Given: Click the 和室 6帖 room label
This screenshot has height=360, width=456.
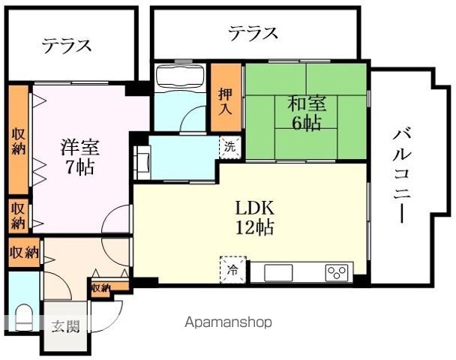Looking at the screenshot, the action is [307, 113].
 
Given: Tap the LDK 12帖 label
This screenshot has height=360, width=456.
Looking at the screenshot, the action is [255, 217].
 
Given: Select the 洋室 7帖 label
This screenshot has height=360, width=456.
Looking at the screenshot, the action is [80, 157].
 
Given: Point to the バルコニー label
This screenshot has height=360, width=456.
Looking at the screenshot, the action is [402, 176].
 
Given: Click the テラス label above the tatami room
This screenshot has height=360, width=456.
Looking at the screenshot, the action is [253, 33].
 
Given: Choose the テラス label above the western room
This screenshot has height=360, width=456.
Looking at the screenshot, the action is [66, 46].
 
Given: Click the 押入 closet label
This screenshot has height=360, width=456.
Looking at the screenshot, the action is [226, 101].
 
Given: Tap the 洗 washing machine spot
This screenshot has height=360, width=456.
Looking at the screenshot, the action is [230, 148].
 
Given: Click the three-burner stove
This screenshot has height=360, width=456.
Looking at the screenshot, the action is [337, 273].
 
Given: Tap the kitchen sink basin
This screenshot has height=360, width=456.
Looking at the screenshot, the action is [278, 273].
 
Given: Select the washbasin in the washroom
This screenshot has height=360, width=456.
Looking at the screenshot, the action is [143, 163].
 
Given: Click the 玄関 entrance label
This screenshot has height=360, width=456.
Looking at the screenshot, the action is [65, 326].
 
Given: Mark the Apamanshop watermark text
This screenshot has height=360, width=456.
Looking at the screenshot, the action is [228, 322].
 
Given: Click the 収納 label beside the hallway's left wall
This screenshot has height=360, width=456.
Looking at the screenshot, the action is [24, 253].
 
